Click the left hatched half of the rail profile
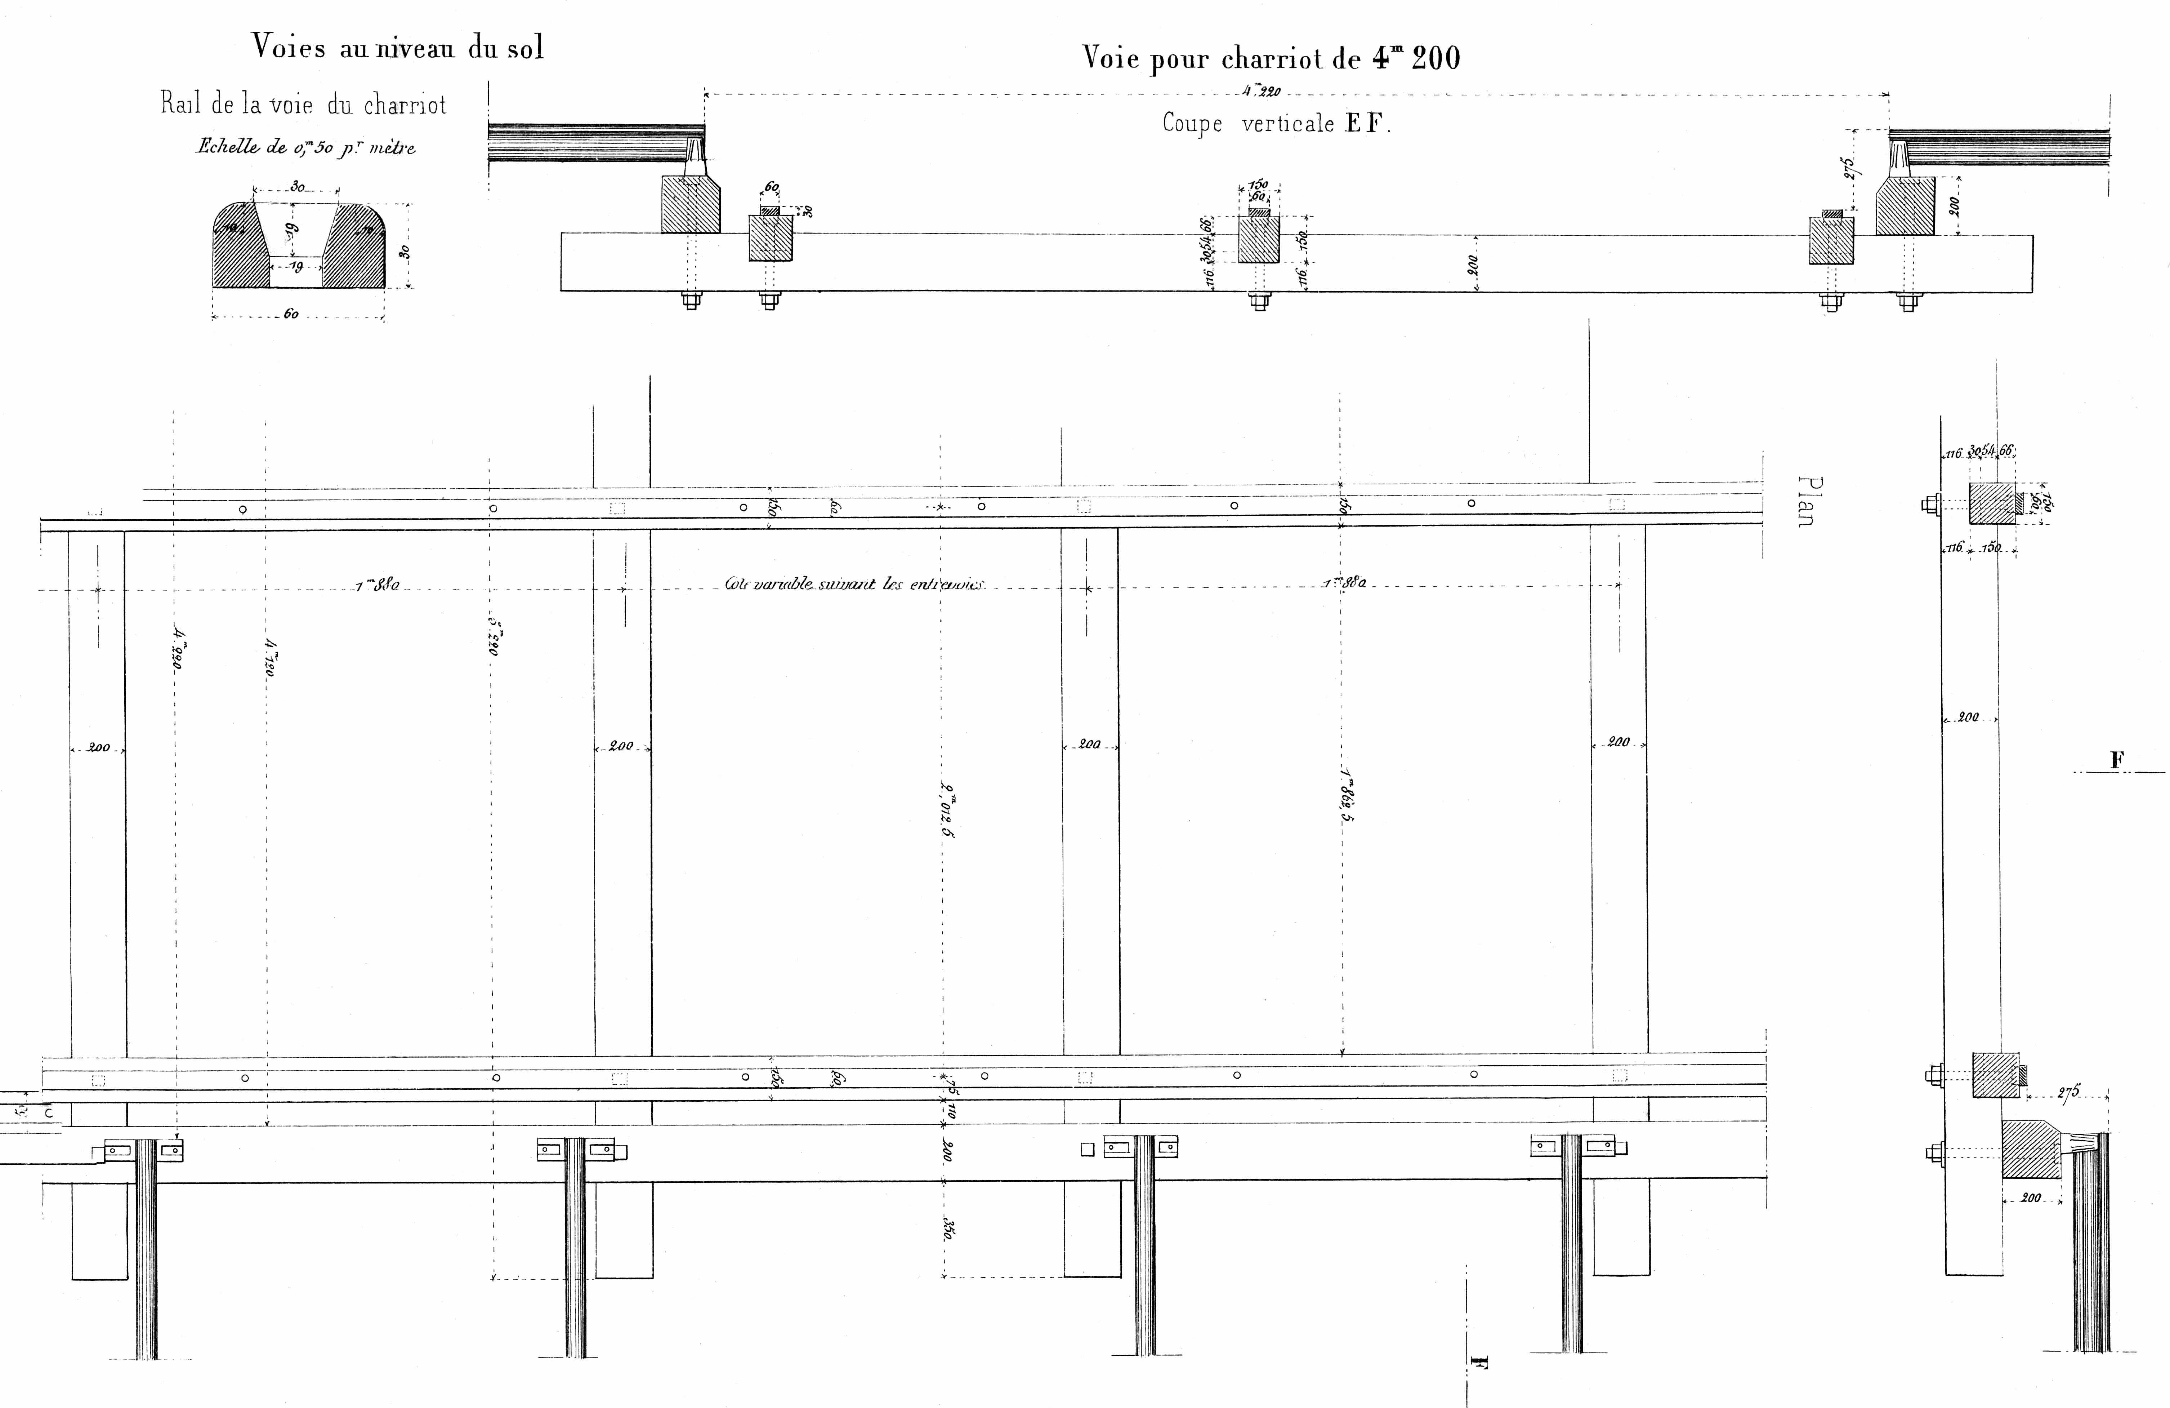[239, 246]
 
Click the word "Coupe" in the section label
[1192, 123]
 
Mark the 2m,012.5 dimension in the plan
[946, 812]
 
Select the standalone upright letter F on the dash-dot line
[2117, 760]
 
